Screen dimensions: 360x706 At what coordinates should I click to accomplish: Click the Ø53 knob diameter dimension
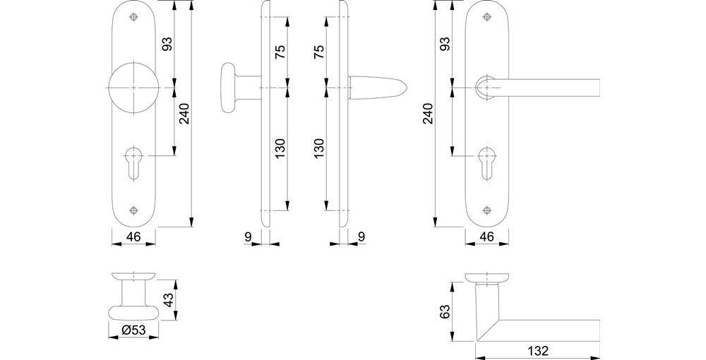click(x=133, y=330)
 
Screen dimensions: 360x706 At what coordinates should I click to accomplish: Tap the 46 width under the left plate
click(x=134, y=237)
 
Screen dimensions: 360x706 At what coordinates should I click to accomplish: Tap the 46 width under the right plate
click(x=486, y=237)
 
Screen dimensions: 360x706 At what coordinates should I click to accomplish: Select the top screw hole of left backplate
click(x=134, y=18)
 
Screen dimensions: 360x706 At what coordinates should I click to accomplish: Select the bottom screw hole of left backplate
click(x=134, y=210)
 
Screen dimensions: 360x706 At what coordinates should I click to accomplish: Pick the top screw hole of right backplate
click(x=486, y=18)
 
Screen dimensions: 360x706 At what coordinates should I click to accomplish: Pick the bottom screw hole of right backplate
click(x=486, y=210)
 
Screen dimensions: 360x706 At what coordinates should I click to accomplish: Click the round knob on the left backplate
click(x=134, y=87)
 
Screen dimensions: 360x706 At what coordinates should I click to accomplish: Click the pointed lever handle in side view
click(x=378, y=87)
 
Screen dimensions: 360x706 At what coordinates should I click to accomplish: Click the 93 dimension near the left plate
click(x=167, y=44)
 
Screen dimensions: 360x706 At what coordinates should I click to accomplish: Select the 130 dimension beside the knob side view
click(x=280, y=148)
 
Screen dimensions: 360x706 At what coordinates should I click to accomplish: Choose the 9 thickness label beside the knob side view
click(x=248, y=237)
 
